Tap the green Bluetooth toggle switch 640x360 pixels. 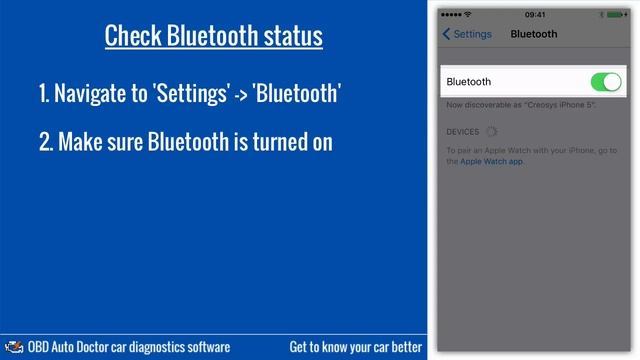(x=606, y=82)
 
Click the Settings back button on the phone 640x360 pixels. (x=467, y=34)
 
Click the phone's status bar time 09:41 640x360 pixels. (x=535, y=15)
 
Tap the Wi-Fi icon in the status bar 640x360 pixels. (x=467, y=15)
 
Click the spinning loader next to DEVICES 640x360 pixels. (x=491, y=132)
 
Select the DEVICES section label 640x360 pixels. (x=463, y=132)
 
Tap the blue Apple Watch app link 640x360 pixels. (x=491, y=160)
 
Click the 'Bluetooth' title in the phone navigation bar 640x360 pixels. (x=534, y=34)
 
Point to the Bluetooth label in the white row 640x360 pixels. (x=469, y=82)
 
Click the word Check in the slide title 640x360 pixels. (x=133, y=37)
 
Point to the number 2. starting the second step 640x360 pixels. (x=45, y=142)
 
